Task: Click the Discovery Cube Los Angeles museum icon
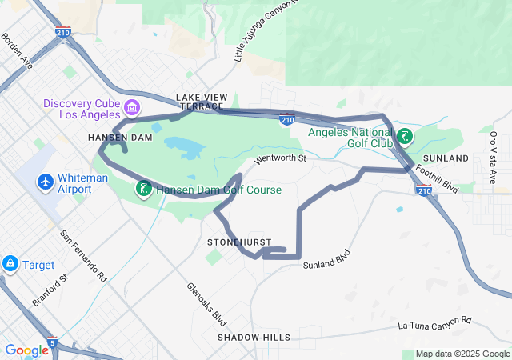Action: pos(131,107)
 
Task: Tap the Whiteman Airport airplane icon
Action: pos(46,182)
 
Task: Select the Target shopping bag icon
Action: pos(10,263)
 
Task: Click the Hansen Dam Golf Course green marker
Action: pos(143,189)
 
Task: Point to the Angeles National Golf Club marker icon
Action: pos(406,136)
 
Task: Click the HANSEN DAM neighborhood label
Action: pos(108,138)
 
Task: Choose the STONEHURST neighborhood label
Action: pos(239,242)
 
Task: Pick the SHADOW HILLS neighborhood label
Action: pos(254,338)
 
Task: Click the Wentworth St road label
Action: pos(281,159)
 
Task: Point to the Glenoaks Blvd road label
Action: pos(206,303)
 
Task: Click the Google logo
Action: pos(26,350)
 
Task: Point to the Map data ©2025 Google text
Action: pos(462,354)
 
